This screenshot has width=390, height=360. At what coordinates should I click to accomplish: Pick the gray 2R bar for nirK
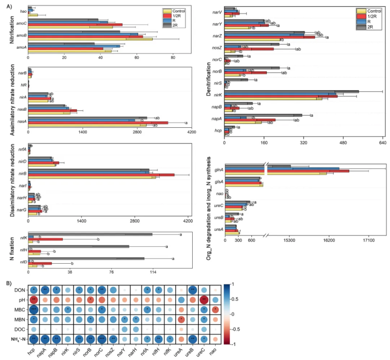(x=291, y=92)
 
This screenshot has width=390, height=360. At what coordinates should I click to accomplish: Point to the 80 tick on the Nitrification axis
(x=173, y=58)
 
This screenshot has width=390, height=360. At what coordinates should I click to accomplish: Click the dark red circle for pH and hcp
(x=34, y=299)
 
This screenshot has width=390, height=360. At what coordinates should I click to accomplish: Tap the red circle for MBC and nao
(x=216, y=309)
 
